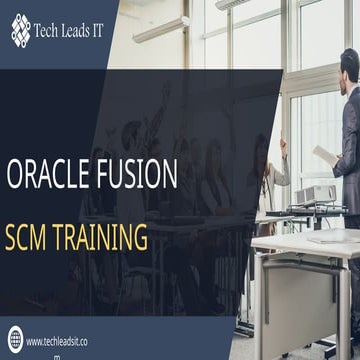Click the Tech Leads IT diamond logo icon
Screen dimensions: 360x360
tap(21, 31)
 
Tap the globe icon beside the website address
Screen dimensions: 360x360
tap(15, 340)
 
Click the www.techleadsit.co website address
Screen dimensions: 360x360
tap(62, 341)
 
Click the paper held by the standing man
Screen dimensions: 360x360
tap(324, 155)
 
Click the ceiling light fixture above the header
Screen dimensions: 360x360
tap(160, 30)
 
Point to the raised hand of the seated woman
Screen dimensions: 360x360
tap(283, 145)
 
